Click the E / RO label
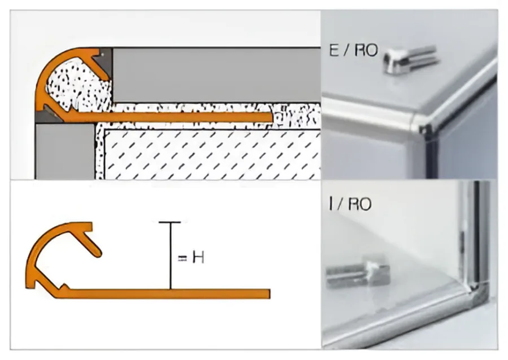[353, 51]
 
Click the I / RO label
[349, 204]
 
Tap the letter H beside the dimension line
[198, 258]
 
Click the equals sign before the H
[183, 258]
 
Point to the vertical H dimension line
[170, 256]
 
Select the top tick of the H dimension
[169, 223]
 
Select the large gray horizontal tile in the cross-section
[216, 75]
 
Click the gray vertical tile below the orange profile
[64, 152]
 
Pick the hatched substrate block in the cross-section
[212, 155]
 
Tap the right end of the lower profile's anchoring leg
[269, 294]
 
